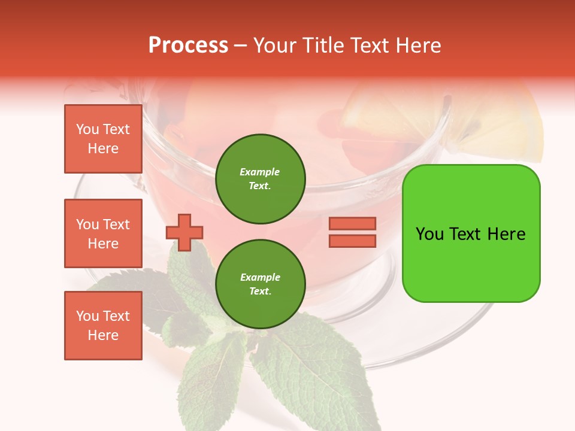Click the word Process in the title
click(188, 45)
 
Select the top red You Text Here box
click(103, 139)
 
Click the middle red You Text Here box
click(103, 233)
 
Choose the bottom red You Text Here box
click(103, 326)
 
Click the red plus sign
click(184, 232)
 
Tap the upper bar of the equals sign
click(352, 223)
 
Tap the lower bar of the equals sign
click(352, 241)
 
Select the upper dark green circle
click(260, 178)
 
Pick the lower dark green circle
click(260, 284)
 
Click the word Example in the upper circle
click(259, 172)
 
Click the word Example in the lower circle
click(260, 277)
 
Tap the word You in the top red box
click(87, 129)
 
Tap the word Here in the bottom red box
click(103, 335)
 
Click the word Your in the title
click(275, 45)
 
